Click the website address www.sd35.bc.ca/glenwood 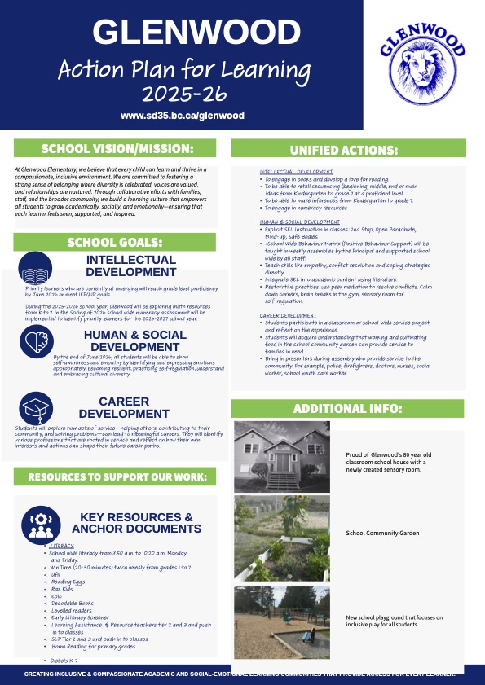[x=183, y=116]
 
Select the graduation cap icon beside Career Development [x=37, y=408]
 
